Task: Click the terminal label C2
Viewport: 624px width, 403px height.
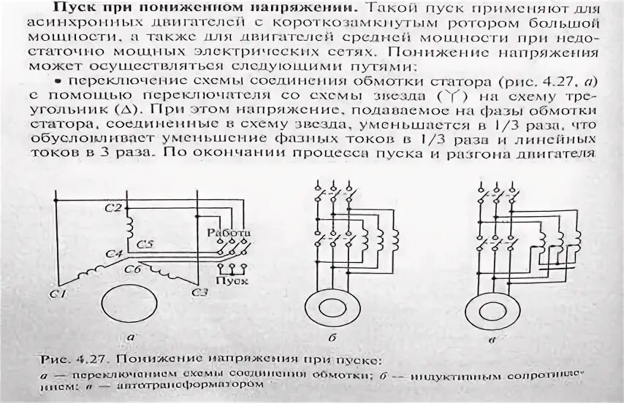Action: point(112,209)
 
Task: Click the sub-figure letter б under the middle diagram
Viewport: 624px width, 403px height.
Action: point(331,338)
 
